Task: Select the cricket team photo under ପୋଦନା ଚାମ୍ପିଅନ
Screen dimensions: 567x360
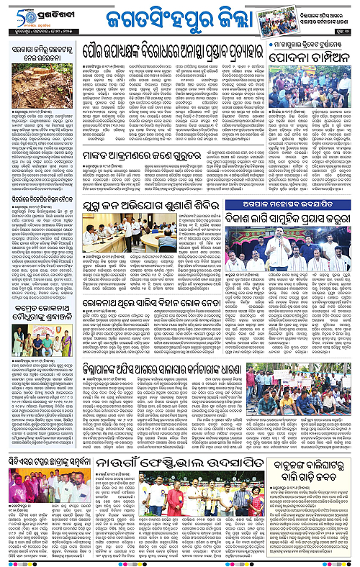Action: tap(310, 86)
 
